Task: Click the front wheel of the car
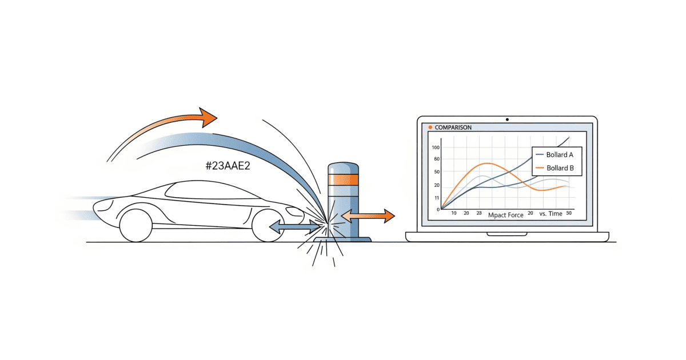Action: coord(268,226)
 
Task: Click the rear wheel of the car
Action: coord(135,226)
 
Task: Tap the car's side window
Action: coord(212,190)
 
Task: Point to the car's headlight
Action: coord(294,211)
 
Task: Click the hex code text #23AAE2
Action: coord(228,166)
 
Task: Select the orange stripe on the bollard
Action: coord(344,179)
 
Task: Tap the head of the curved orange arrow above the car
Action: coord(208,117)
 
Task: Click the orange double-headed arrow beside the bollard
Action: coord(368,216)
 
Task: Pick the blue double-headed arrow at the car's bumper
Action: coord(295,227)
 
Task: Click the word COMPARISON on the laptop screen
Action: coord(453,127)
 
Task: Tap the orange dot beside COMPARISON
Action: coord(430,127)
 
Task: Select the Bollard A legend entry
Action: coord(555,155)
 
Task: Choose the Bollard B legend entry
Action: coord(555,168)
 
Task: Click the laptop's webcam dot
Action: coord(507,119)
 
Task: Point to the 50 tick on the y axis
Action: coord(437,172)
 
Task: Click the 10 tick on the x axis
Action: coord(454,213)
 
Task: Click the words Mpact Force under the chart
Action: coord(505,215)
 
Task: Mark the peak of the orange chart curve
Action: coord(488,163)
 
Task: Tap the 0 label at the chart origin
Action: coord(438,210)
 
